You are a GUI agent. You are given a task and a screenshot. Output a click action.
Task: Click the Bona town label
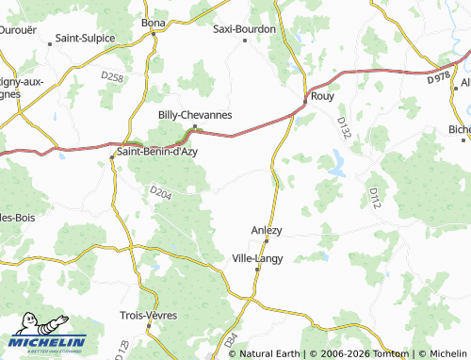click(153, 22)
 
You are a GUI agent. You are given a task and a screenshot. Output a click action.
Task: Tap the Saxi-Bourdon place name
click(244, 28)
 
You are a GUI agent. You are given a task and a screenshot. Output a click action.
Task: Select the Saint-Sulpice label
click(85, 39)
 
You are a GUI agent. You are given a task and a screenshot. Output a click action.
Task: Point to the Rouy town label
click(322, 96)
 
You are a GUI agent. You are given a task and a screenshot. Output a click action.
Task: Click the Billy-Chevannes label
click(195, 114)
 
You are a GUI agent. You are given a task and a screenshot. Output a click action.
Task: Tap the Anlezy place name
click(267, 229)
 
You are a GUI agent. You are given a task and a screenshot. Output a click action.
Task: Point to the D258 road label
click(112, 77)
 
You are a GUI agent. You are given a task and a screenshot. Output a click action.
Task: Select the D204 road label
click(160, 192)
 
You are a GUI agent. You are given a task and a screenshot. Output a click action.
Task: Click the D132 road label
click(343, 128)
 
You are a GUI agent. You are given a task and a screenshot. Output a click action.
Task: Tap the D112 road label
click(375, 198)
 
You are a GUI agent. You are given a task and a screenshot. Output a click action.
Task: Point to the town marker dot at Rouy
click(306, 97)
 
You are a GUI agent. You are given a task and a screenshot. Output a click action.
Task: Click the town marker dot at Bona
click(153, 34)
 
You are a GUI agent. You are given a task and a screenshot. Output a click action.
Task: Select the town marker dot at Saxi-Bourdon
click(245, 40)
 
